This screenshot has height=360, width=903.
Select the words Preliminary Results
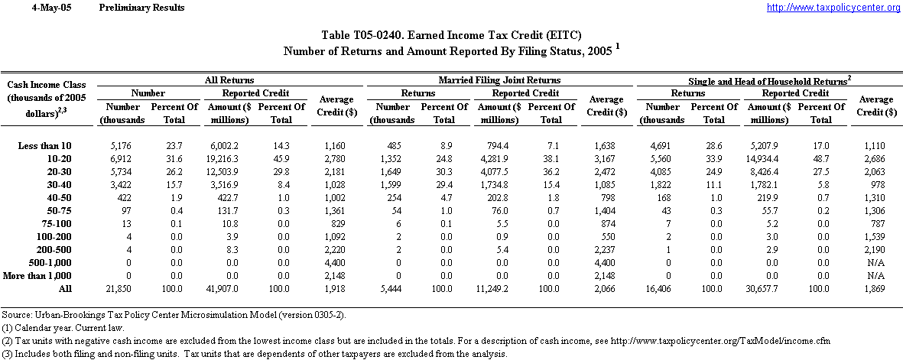point(141,8)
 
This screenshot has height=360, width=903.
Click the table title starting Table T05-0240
point(451,35)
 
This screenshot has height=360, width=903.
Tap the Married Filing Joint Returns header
point(499,79)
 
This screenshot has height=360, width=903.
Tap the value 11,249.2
point(501,288)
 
